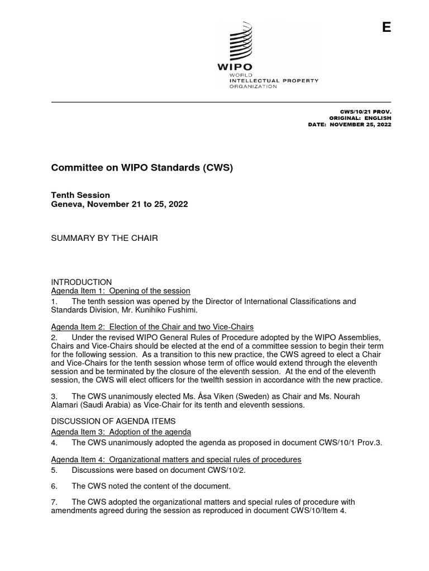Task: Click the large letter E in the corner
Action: click(x=386, y=28)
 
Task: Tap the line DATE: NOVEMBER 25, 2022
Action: click(x=350, y=124)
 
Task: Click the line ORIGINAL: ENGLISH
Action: click(x=360, y=118)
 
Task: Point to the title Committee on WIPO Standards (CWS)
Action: click(x=142, y=167)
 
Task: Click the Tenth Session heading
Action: click(x=80, y=195)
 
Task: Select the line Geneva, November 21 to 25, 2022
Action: click(x=120, y=205)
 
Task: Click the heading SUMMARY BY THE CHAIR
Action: click(x=104, y=238)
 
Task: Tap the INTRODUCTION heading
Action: click(x=82, y=282)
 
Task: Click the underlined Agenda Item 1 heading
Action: click(x=121, y=291)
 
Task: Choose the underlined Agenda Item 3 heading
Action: click(x=121, y=432)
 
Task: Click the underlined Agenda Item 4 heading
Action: click(x=176, y=459)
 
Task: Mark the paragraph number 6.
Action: click(x=54, y=486)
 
